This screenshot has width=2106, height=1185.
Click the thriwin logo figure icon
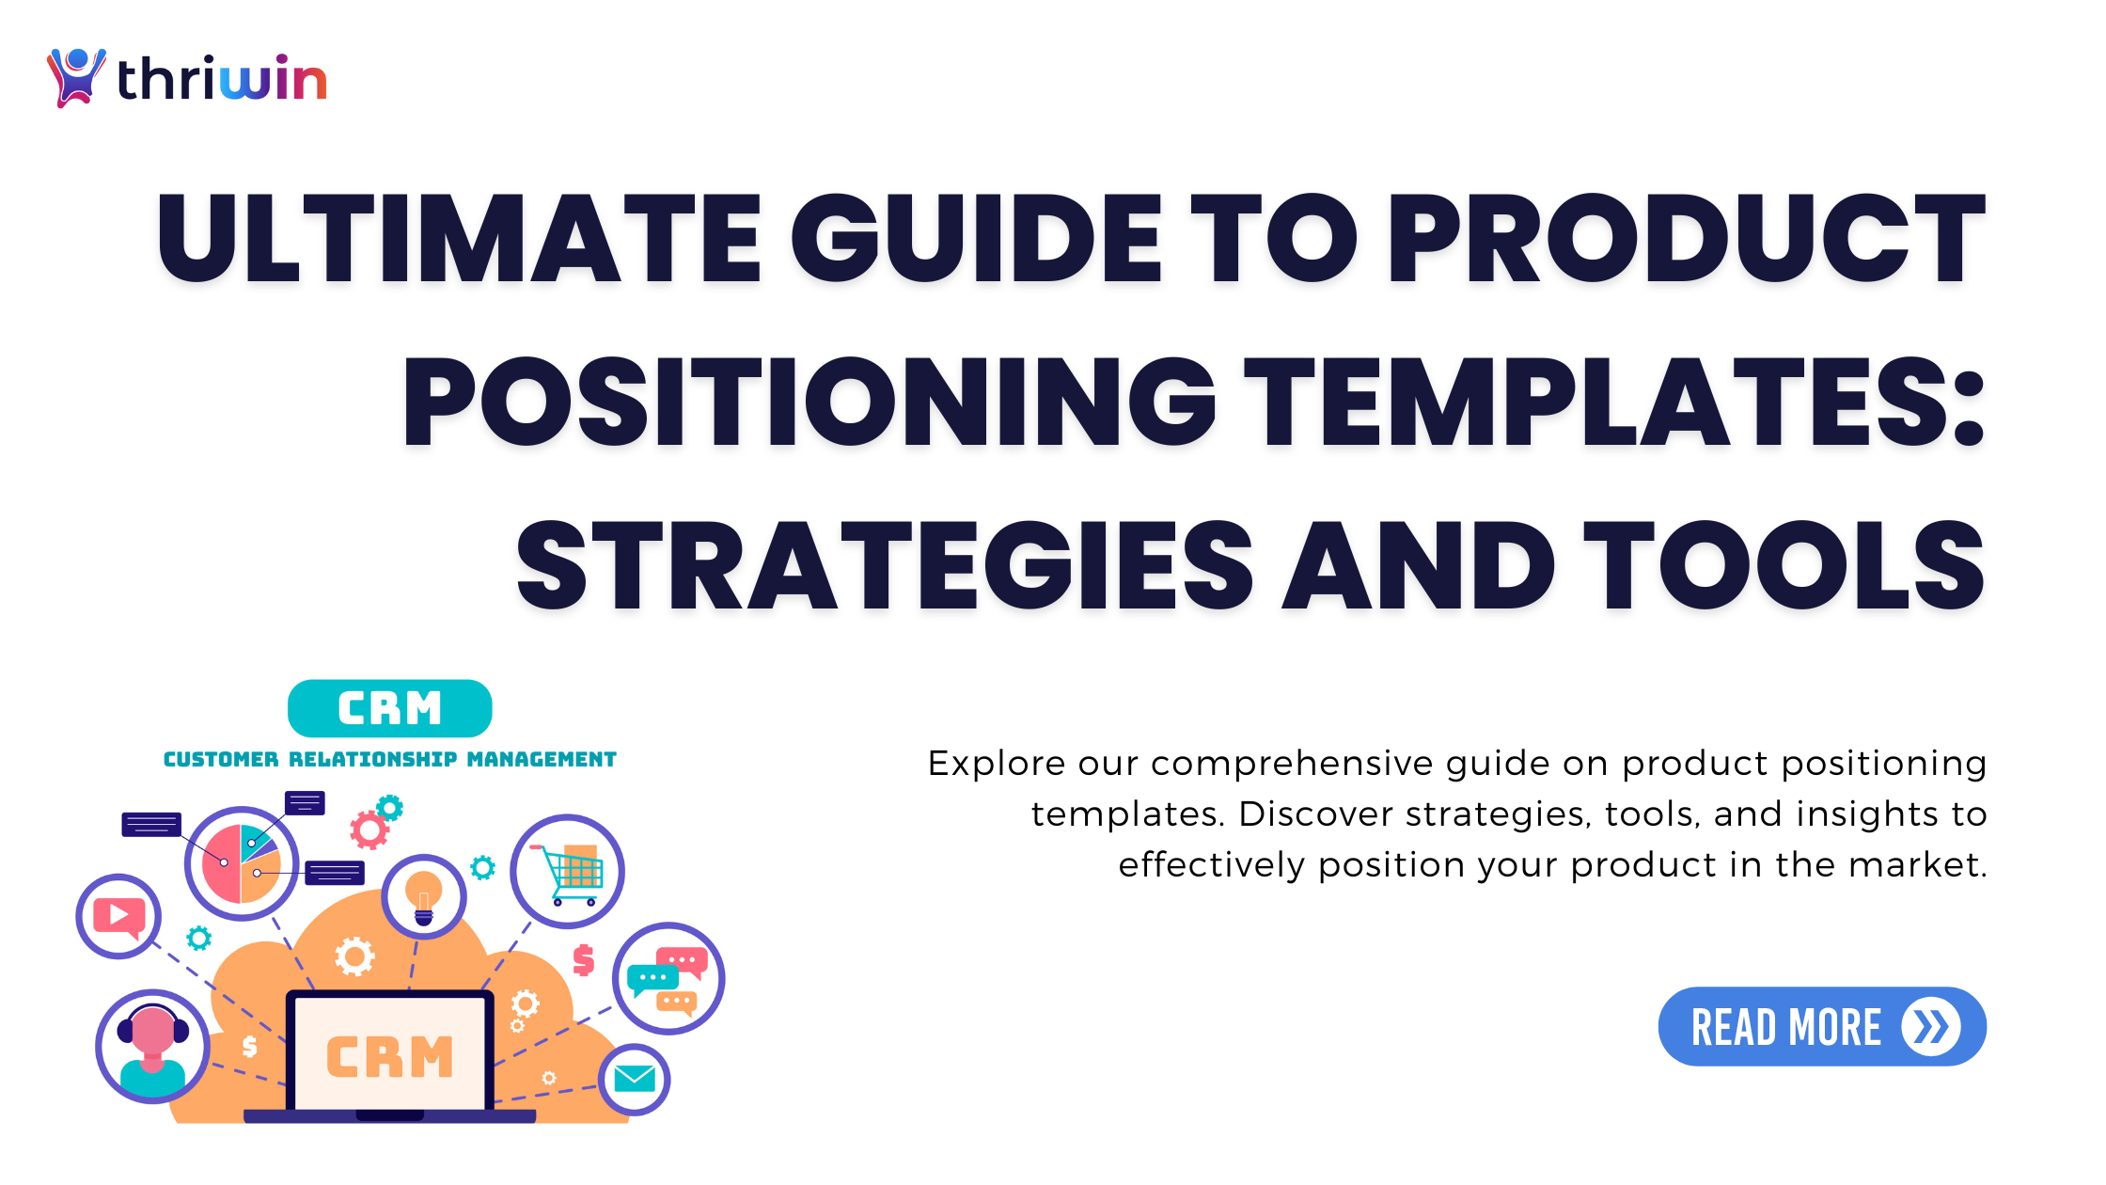[75, 77]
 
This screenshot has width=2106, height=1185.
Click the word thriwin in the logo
[222, 79]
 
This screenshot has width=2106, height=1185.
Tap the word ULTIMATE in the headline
[459, 237]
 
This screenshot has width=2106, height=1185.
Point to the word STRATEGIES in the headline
[884, 566]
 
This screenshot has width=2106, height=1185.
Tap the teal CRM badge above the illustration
[389, 708]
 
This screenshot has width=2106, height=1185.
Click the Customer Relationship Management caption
[389, 759]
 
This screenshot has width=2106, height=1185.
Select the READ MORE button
[1821, 1026]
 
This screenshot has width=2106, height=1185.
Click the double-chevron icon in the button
[1930, 1026]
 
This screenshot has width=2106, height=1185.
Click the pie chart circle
[241, 863]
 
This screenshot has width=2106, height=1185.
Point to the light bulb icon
[423, 896]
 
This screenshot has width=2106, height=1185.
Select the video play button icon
[118, 916]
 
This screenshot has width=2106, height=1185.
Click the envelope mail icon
[635, 1079]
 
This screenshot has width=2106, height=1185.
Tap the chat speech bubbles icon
[668, 979]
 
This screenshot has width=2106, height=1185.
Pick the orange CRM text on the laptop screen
[389, 1056]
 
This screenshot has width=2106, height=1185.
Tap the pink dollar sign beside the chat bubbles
[584, 959]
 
